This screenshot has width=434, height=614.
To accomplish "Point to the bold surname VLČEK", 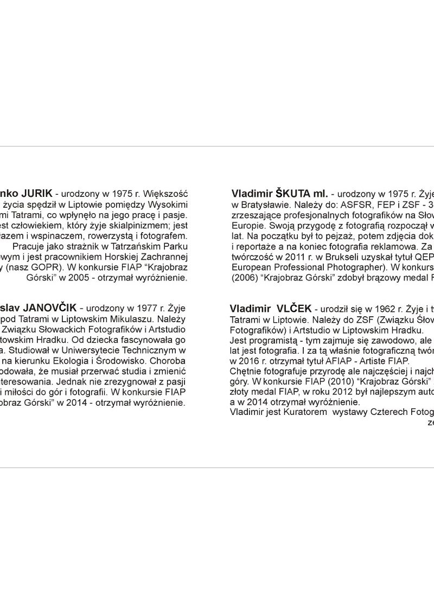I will (292, 309).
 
